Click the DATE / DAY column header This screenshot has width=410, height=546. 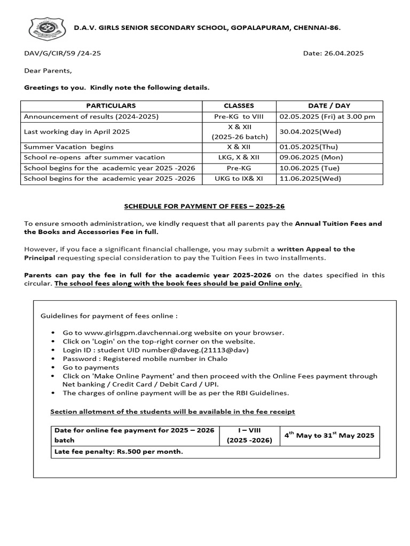tap(329, 106)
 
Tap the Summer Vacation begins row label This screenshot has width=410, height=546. tap(69, 147)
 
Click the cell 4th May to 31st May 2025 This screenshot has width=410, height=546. tap(329, 435)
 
